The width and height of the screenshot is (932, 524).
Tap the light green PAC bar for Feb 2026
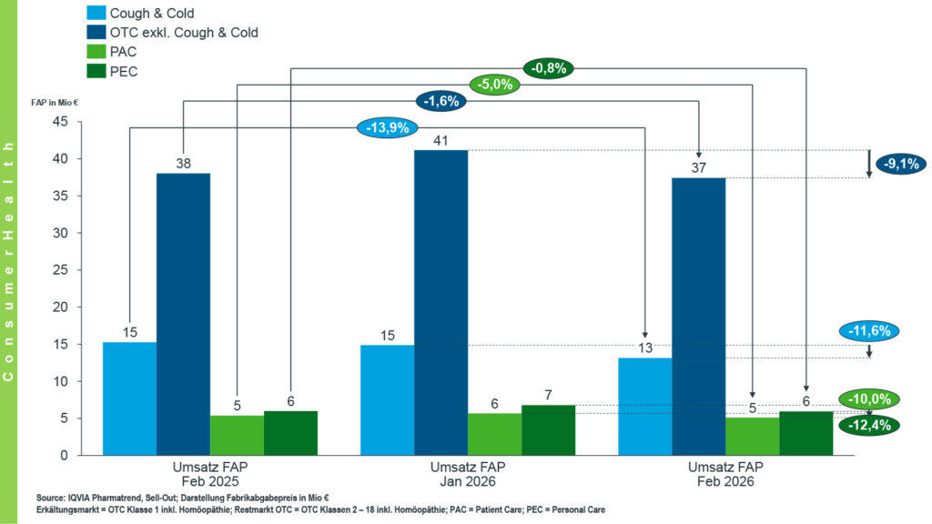752,436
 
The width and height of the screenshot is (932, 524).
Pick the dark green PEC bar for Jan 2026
548,429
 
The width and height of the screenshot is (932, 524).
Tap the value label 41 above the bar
441,141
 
